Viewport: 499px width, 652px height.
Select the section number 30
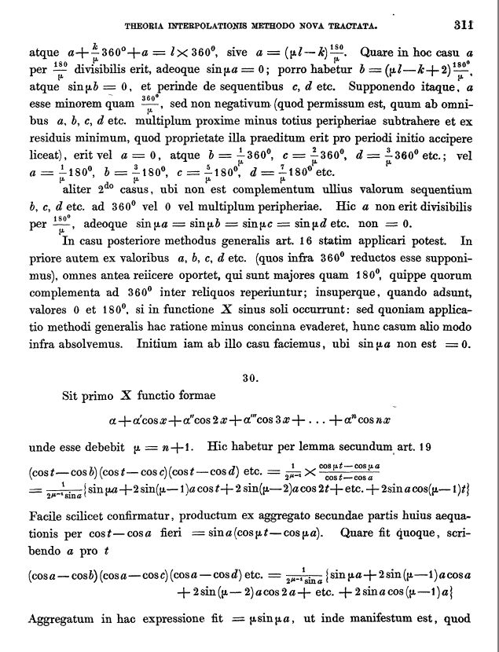(251, 377)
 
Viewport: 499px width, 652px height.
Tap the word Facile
(46, 518)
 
